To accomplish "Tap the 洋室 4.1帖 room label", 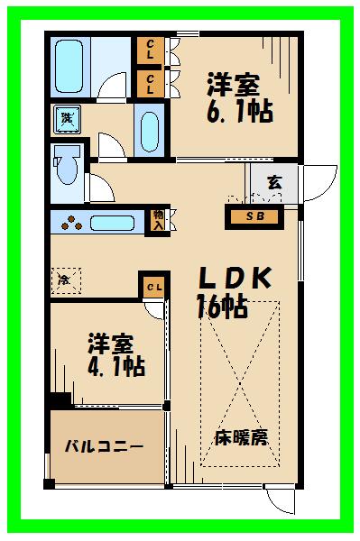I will [115, 354].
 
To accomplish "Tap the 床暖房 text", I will [241, 438].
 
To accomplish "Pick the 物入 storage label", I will [159, 219].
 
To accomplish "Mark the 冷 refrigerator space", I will [65, 278].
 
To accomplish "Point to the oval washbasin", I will [150, 128].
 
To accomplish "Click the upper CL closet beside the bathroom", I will [149, 50].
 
